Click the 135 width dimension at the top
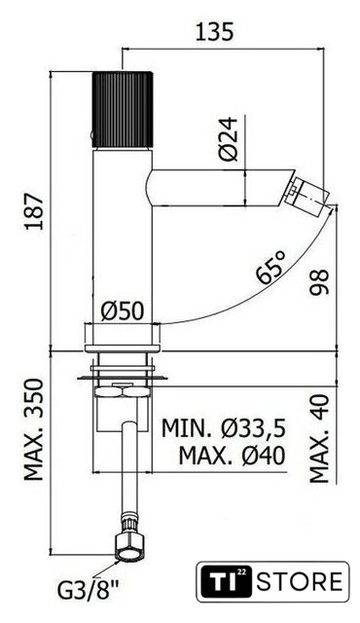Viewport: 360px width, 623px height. point(215,32)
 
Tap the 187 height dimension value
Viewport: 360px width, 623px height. point(34,211)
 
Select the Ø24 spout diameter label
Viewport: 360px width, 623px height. point(229,139)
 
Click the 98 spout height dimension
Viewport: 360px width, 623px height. point(319,281)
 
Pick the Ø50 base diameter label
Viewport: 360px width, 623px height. point(122,311)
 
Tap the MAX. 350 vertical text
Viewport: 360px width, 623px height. point(34,430)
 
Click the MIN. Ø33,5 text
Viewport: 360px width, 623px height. point(224,428)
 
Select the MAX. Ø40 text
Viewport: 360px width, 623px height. point(232,456)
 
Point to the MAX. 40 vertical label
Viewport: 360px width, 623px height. point(319,439)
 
